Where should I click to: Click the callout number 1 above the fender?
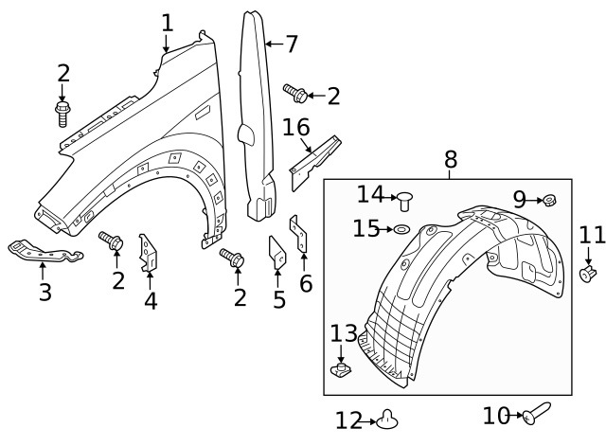[167, 21]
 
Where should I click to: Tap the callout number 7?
[290, 44]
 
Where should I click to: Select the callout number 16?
[296, 128]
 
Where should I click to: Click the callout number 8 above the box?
[450, 159]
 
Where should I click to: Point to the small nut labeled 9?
[549, 200]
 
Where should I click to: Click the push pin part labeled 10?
[534, 413]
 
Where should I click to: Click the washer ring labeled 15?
[401, 229]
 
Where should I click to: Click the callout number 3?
[45, 292]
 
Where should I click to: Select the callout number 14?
[370, 194]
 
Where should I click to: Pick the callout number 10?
[494, 415]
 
